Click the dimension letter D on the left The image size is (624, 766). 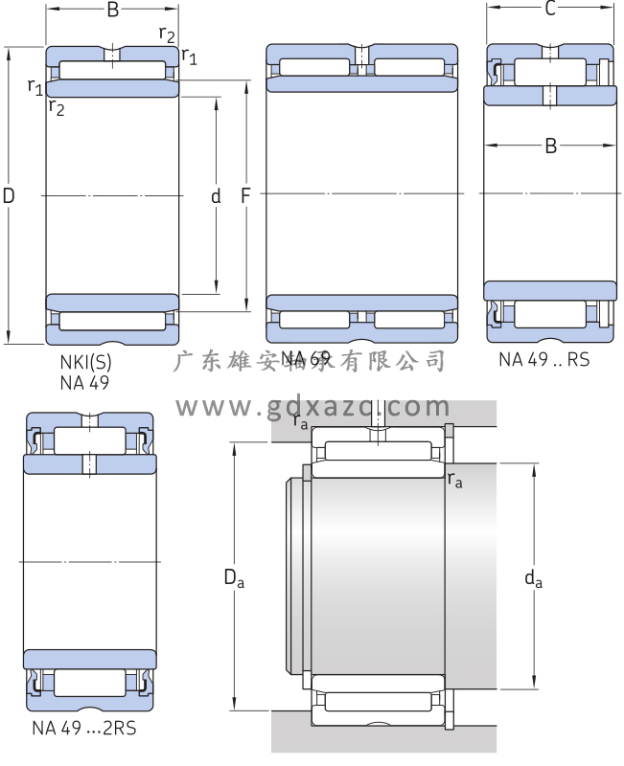click(x=9, y=196)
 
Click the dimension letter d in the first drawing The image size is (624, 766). click(x=216, y=196)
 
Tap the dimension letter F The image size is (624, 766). click(x=245, y=196)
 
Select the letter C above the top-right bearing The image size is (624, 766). click(x=550, y=10)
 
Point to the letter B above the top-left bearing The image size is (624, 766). click(x=112, y=11)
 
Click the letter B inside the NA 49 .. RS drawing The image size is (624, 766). click(x=550, y=146)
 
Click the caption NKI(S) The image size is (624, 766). click(x=85, y=363)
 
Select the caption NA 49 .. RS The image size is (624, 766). click(x=543, y=360)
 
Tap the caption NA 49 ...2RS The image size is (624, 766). click(x=84, y=728)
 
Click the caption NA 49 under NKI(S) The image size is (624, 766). click(x=84, y=382)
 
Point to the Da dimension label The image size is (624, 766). click(x=234, y=577)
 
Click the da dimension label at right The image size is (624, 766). click(x=534, y=577)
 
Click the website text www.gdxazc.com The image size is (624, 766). click(x=312, y=407)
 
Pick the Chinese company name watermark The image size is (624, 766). click(x=312, y=361)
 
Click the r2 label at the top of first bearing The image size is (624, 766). click(x=167, y=35)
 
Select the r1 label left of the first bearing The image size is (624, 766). click(x=35, y=87)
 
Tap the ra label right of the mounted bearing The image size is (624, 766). click(x=454, y=480)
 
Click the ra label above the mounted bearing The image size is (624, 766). click(x=301, y=420)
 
